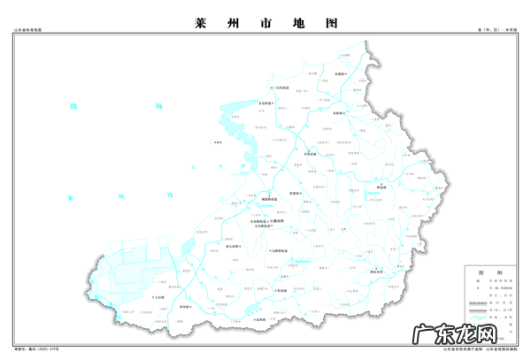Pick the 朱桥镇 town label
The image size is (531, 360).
(339, 114)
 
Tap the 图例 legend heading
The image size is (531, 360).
(488, 272)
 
